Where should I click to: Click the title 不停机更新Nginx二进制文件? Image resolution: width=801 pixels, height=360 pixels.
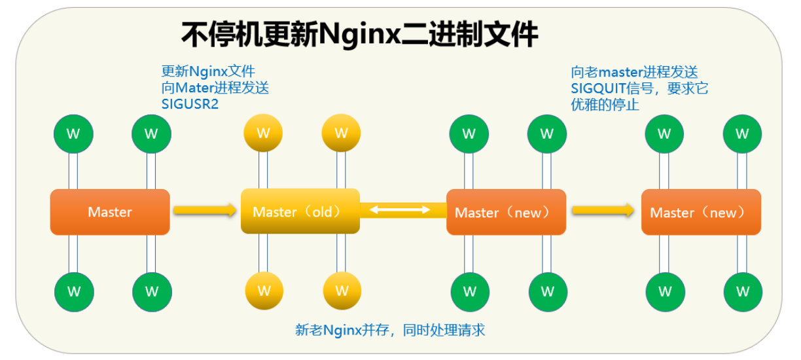(359, 35)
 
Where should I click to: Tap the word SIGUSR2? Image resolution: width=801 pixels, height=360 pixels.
(190, 104)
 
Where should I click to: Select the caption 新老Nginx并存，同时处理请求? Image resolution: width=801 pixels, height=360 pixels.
(390, 330)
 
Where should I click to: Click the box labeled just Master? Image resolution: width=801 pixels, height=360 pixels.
(110, 212)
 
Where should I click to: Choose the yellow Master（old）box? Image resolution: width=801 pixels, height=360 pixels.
(300, 211)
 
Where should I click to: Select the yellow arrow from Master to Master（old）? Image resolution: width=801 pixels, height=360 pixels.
(204, 210)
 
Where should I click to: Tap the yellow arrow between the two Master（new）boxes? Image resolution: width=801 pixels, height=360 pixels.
(603, 210)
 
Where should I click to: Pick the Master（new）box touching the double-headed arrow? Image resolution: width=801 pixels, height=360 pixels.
(506, 212)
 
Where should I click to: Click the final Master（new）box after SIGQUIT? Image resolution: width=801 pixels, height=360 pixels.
(701, 212)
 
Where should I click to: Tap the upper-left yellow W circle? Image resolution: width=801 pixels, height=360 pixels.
(263, 134)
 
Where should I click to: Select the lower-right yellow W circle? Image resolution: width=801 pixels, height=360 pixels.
(342, 290)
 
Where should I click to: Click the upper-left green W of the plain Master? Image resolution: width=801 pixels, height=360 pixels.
(73, 134)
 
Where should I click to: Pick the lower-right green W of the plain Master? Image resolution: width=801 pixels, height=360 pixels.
(152, 291)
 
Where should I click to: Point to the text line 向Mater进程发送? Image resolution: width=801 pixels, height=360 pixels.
(215, 88)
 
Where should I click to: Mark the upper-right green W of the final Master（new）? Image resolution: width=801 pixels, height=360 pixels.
(742, 134)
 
